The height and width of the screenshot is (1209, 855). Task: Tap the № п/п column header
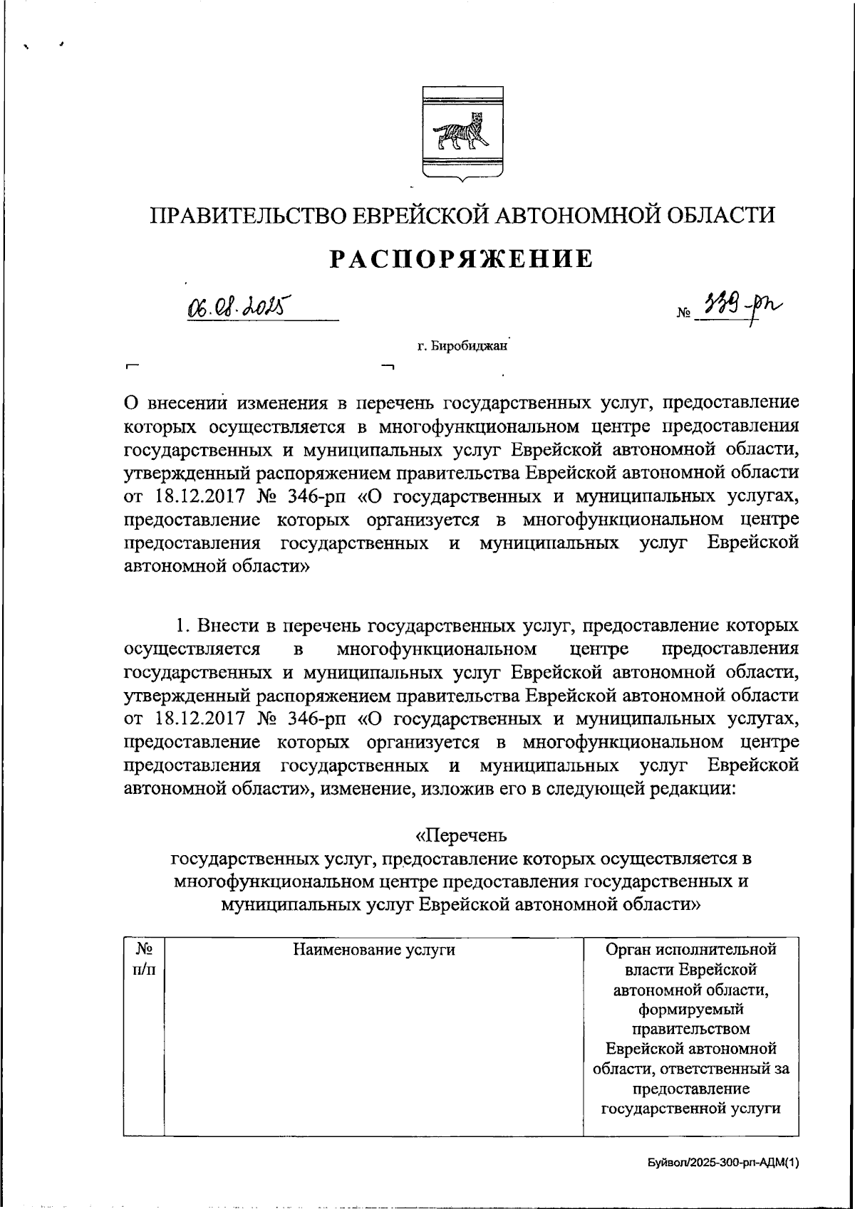coord(145,958)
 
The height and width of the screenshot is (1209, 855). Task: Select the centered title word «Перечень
coord(462,834)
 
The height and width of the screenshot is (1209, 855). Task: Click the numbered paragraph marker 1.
coord(182,626)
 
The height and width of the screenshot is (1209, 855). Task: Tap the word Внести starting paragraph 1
coord(228,626)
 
